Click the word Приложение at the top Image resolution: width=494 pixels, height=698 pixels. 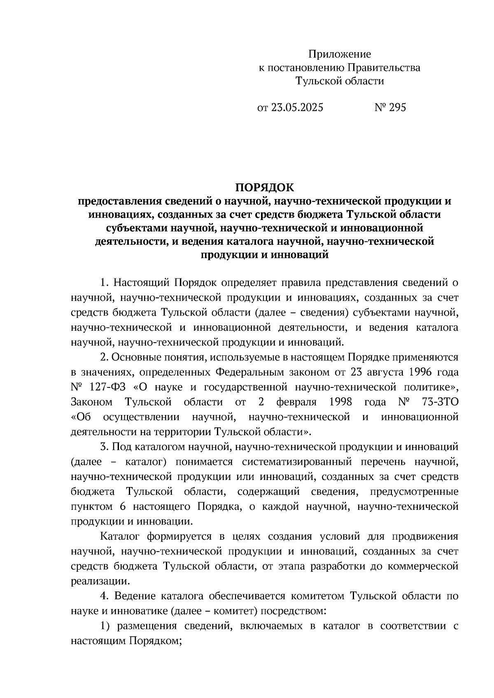click(340, 54)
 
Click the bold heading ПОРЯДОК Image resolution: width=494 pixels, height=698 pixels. click(265, 188)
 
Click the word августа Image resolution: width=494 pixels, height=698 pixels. click(382, 372)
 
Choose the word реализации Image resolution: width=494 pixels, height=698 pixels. click(98, 581)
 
